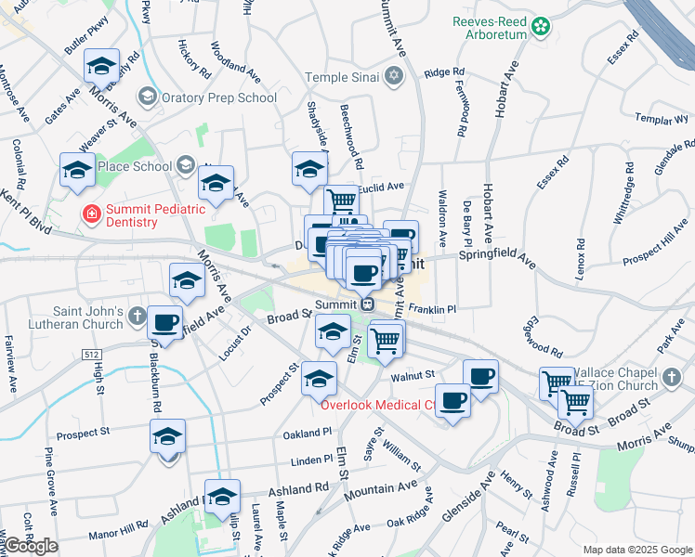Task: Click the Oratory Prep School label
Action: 220,97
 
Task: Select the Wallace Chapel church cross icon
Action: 672,379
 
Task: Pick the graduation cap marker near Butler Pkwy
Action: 102,66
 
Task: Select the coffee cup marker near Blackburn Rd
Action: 165,323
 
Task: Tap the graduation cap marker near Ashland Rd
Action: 222,498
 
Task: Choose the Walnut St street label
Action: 413,375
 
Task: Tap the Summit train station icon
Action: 368,304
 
